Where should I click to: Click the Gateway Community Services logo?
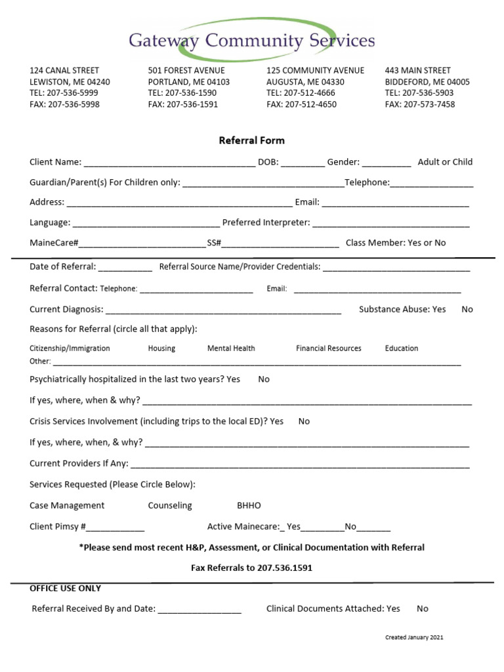point(252,40)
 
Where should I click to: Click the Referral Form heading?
point(251,140)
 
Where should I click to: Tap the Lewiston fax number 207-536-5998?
point(64,104)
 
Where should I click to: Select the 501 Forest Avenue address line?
point(186,70)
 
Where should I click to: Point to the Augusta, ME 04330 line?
point(305,82)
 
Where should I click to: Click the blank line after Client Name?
point(169,163)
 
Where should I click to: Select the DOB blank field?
point(303,163)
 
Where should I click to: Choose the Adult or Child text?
point(445,162)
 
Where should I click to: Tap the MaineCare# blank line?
point(142,244)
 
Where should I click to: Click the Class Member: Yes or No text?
point(396,243)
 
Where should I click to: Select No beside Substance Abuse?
point(467,309)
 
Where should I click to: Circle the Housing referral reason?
point(161,348)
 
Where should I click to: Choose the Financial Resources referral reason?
point(328,348)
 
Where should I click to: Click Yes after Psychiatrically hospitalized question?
point(233,379)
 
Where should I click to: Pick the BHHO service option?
point(249,505)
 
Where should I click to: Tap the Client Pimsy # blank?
point(115,528)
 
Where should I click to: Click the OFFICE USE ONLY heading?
point(66,588)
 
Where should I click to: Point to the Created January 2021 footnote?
point(418,637)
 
